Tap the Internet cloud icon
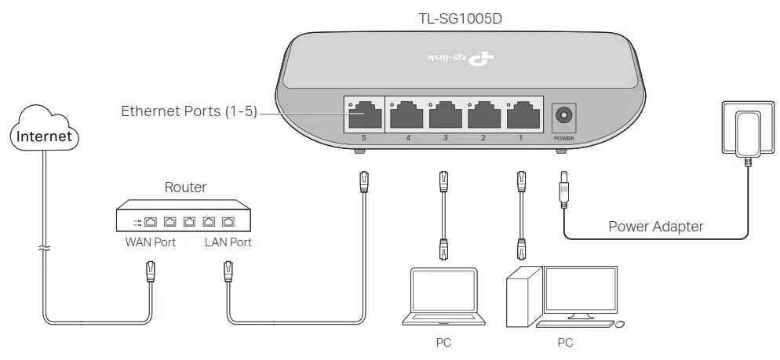coord(45,136)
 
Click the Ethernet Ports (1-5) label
coord(188,111)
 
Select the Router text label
coord(185,187)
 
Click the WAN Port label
coord(151,242)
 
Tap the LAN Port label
coord(228,242)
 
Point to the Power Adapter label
coord(656,227)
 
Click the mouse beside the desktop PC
coord(620,324)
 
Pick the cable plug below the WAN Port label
coord(151,272)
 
